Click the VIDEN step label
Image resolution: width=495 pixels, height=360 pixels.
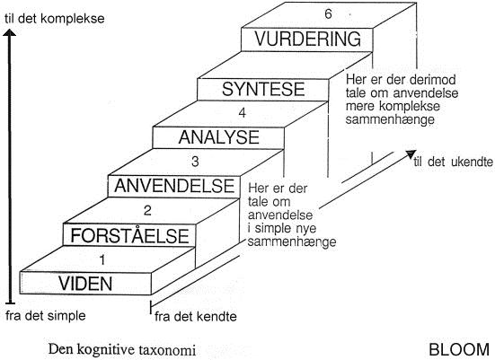coord(85,284)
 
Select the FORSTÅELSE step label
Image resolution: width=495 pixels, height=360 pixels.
coord(129,235)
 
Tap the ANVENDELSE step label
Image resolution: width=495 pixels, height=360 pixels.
coord(174,186)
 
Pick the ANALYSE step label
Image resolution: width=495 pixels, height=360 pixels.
coord(219,137)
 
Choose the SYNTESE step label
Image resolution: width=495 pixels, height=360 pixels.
coord(263,89)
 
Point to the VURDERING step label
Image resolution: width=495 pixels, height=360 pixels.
coord(308,39)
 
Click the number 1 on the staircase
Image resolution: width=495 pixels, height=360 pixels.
coord(102,260)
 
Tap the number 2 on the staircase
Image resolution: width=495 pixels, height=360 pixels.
coord(147,210)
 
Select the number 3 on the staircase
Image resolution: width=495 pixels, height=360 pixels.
coord(195,162)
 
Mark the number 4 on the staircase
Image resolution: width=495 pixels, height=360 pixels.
coord(243,113)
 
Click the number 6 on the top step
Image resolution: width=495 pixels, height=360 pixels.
coord(328,14)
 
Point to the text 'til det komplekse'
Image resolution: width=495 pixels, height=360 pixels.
coord(54,19)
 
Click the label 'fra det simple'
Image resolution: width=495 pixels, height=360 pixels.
coord(46,315)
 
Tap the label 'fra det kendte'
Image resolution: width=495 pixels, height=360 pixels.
coord(196,317)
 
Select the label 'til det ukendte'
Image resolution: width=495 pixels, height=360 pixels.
coord(454,162)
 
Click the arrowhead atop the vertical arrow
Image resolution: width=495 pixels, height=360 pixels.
coord(10,32)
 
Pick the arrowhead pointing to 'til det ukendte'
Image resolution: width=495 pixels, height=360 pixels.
coord(411,154)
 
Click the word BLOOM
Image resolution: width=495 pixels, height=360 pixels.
coord(459,349)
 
